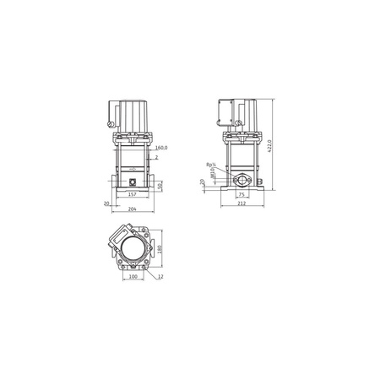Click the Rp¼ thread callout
point(209,165)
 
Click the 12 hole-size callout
point(160,276)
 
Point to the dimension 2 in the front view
point(157,158)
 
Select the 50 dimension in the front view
point(161,184)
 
